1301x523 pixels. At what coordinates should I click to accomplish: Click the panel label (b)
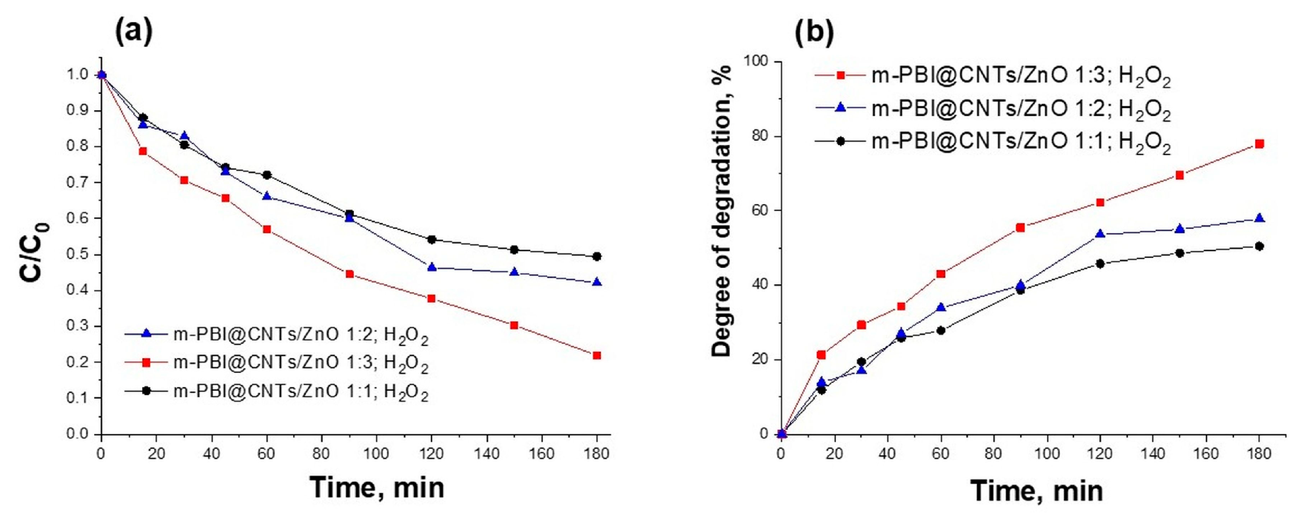coord(814,33)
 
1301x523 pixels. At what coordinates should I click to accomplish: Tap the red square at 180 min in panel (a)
coord(596,355)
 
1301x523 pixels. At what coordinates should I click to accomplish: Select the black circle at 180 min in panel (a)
coord(596,257)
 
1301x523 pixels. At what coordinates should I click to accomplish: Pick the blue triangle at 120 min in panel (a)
coord(431,267)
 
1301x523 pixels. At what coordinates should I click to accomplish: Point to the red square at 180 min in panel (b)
coord(1259,144)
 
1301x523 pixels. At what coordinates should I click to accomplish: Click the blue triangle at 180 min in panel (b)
coord(1259,218)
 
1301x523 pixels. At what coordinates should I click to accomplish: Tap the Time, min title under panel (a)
coord(377,488)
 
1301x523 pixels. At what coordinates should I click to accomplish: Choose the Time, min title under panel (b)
coord(1037,491)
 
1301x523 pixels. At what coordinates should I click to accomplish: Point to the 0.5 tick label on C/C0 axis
coord(78,254)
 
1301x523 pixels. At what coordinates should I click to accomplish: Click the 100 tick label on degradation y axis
coord(756,62)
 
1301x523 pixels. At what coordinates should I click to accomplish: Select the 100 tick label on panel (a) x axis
coord(376,453)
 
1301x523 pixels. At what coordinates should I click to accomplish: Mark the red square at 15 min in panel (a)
coord(143,151)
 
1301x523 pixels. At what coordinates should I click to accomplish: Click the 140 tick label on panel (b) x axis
coord(1152,453)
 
